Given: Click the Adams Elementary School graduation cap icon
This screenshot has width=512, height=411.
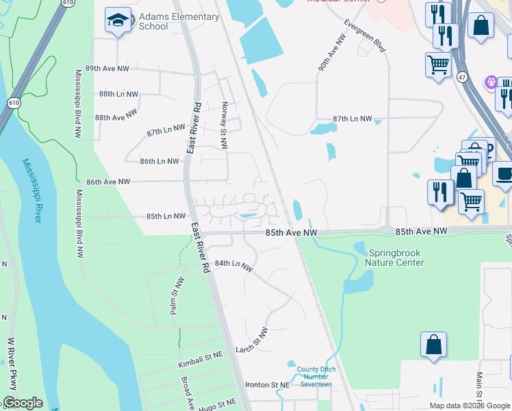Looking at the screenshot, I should (118, 21).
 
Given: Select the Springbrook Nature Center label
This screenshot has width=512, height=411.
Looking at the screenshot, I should (394, 258).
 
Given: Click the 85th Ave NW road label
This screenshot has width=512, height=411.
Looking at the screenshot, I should (292, 234).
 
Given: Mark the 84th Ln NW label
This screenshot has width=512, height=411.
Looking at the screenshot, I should (233, 265).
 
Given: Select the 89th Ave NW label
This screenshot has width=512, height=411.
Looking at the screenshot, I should (107, 69).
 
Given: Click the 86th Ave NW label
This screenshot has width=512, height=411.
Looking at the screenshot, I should (108, 182).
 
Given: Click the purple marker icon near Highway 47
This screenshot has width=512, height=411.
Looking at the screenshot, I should (490, 83).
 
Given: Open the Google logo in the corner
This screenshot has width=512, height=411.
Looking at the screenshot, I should (22, 403).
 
